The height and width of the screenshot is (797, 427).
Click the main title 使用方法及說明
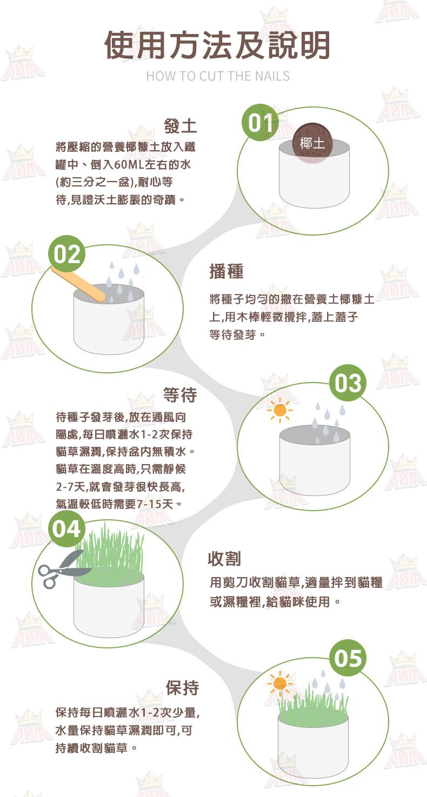coord(217,45)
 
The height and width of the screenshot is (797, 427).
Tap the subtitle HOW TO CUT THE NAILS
coord(218,76)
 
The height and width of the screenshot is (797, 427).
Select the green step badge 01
coord(261,123)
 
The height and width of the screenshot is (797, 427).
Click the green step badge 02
coord(67,254)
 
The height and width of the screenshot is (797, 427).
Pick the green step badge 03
coord(348,383)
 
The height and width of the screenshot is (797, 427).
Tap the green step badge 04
coord(67,529)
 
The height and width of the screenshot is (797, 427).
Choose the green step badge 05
coord(348,658)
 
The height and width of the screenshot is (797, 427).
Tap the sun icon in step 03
coord(280,410)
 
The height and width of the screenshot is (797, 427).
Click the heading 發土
coord(180,126)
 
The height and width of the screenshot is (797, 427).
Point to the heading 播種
coord(226,271)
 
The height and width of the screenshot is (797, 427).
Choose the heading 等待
coord(180,394)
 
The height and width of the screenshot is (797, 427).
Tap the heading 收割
coord(224,559)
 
